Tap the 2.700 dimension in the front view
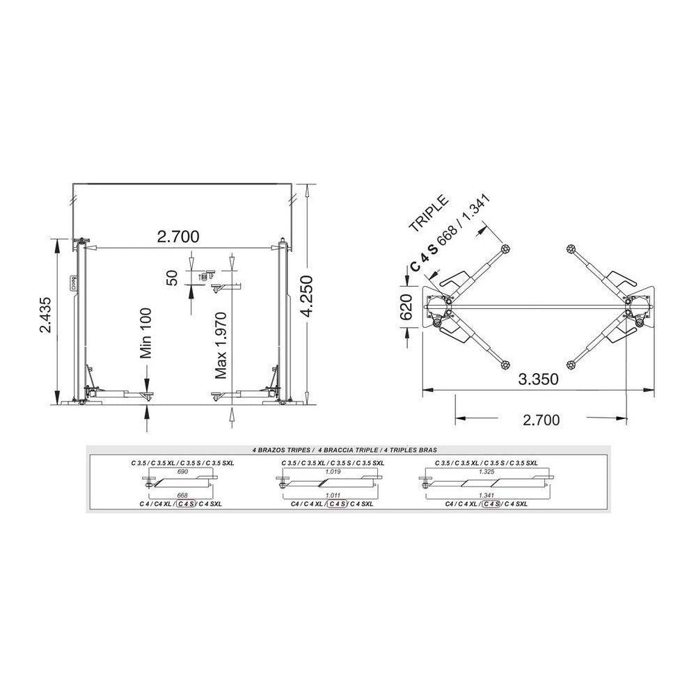tap(178, 237)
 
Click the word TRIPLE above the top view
tap(429, 216)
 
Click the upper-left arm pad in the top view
tap(505, 248)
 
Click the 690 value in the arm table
tap(183, 471)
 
